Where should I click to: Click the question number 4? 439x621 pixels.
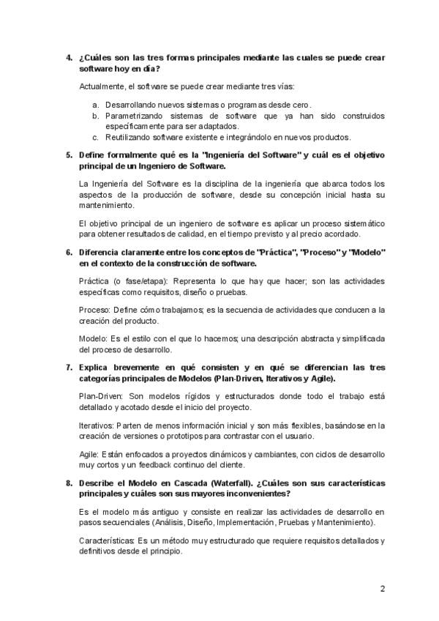click(x=69, y=57)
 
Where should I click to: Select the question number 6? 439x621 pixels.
click(x=69, y=252)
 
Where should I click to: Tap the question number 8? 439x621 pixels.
click(x=69, y=484)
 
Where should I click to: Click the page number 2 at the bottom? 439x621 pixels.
click(x=382, y=589)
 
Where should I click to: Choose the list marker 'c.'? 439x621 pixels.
click(x=96, y=136)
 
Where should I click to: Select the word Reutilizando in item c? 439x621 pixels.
click(x=129, y=136)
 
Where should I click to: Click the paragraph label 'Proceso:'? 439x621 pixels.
click(x=94, y=310)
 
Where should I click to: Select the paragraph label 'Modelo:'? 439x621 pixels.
click(x=93, y=338)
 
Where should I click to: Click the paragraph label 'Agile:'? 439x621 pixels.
click(x=90, y=455)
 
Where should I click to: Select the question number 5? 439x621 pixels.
click(x=69, y=155)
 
